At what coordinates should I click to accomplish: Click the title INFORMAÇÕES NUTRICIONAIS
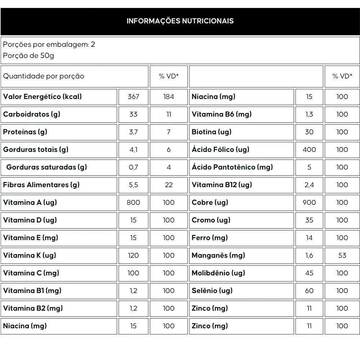tap(180, 21)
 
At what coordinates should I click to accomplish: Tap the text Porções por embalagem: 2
tap(49, 45)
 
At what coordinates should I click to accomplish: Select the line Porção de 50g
tap(28, 56)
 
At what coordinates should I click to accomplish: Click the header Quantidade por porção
tap(44, 76)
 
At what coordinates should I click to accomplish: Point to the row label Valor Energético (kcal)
tap(42, 96)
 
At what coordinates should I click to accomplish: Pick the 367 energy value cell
tap(133, 96)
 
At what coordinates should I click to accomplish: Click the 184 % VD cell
tap(168, 96)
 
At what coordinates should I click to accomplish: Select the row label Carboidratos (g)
tap(32, 114)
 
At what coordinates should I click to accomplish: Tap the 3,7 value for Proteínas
tap(133, 132)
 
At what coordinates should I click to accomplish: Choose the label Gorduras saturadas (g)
tap(47, 167)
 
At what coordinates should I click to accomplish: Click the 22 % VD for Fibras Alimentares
tap(168, 185)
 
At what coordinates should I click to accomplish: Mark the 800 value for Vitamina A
tap(133, 202)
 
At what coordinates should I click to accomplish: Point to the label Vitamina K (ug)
tap(30, 255)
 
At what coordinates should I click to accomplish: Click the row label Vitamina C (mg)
tap(31, 273)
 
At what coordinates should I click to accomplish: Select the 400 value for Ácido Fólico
tap(309, 149)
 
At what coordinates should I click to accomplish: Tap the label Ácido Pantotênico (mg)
tap(232, 167)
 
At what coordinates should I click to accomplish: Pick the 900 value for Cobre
tap(309, 202)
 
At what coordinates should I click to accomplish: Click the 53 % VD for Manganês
tap(342, 255)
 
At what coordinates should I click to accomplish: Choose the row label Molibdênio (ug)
tap(218, 273)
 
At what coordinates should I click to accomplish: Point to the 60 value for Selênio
tap(309, 291)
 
